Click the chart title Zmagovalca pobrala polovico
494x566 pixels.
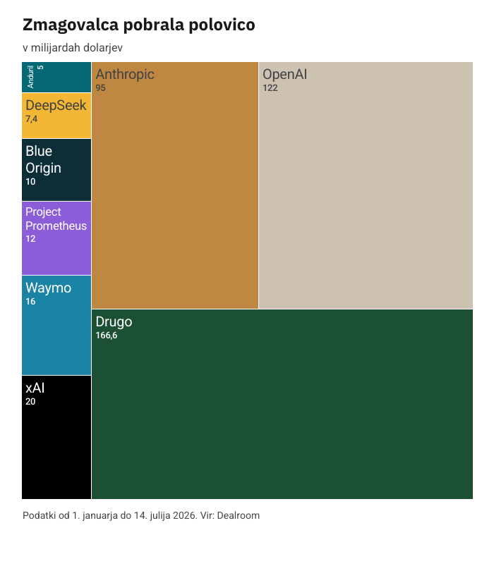139,25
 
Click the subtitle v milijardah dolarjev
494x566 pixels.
73,48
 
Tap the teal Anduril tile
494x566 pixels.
56,77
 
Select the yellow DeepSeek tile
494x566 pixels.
56,116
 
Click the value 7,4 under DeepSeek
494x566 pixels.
32,119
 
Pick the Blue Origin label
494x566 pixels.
43,159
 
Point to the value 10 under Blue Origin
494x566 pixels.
30,182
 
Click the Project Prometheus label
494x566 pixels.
56,219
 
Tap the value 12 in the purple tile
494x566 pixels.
30,239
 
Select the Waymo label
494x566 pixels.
49,288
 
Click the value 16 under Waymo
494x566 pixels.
30,302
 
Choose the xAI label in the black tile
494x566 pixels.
35,388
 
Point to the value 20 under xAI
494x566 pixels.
30,401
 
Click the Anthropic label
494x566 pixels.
125,75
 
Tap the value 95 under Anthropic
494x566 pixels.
100,87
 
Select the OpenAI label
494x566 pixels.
285,74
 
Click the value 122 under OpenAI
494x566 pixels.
270,87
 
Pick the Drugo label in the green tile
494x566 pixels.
114,322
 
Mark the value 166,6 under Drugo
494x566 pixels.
107,336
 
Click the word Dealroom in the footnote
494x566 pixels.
238,515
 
